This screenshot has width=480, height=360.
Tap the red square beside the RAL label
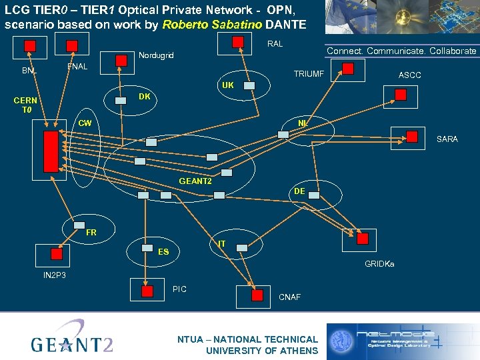pos(238,41)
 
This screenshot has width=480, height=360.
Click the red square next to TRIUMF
pos(348,69)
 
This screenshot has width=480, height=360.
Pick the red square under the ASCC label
pos(400,95)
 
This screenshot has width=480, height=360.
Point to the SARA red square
pos(415,137)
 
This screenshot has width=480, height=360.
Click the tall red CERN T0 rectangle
pos(51,151)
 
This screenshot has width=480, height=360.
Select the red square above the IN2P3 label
pos(57,253)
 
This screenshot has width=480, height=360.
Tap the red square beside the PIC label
pos(147,290)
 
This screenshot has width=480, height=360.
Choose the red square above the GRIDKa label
pos(362,239)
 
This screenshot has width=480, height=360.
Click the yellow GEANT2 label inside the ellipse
pos(195,181)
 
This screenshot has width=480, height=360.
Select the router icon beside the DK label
pos(121,100)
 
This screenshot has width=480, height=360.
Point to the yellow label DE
pos(299,191)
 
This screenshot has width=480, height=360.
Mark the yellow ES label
pos(163,252)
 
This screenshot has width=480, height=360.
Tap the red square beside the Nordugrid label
pos(121,61)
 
